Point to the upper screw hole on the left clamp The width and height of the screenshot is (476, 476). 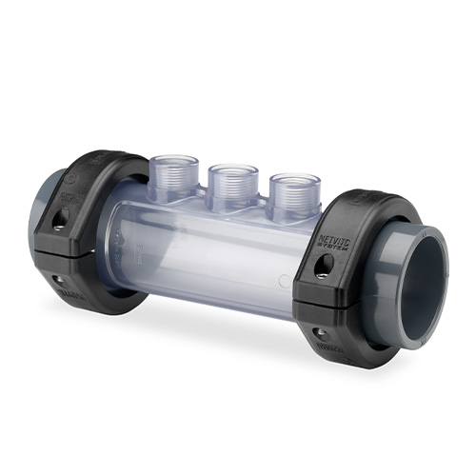60,220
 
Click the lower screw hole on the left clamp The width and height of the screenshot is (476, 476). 58,281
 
